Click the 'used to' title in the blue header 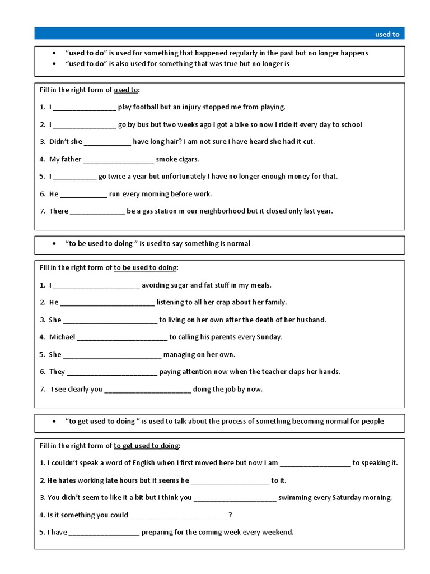(x=387, y=34)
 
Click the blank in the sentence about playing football (x=85, y=107)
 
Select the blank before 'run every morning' (x=83, y=194)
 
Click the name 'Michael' (x=62, y=337)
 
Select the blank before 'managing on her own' (x=113, y=354)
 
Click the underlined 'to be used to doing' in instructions (x=145, y=267)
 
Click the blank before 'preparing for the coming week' (x=104, y=533)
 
